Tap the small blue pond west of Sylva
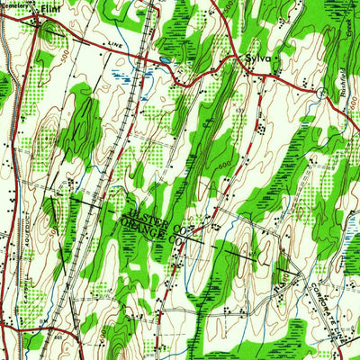tap(166, 61)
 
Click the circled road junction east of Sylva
tap(321, 92)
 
